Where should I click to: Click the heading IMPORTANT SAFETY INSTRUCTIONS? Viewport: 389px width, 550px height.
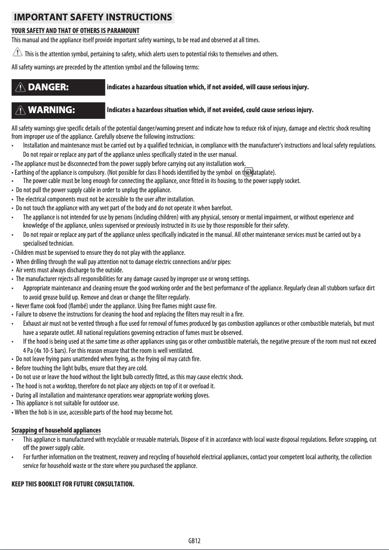pos(93,18)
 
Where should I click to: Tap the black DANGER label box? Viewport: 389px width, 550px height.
pos(58,87)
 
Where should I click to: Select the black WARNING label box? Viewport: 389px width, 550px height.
pos(58,110)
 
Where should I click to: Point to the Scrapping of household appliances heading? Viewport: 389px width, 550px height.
pos(56,431)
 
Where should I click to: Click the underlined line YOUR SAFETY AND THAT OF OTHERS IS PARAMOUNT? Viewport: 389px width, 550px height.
pos(75,31)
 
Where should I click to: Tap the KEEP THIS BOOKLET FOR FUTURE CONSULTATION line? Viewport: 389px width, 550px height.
pos(72,484)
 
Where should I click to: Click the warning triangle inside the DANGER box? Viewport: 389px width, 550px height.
pos(21,87)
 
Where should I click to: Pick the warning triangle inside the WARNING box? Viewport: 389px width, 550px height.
pos(21,110)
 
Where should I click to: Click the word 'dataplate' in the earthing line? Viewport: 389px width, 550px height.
pos(264,172)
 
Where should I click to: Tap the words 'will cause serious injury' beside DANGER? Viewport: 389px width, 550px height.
pos(276,87)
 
